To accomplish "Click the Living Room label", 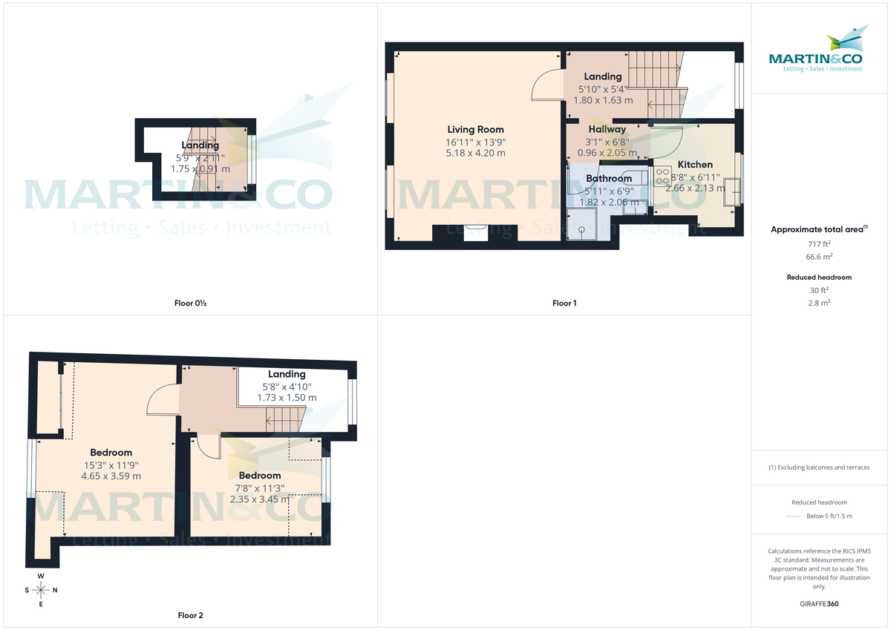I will [x=475, y=130].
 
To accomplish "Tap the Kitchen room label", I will [x=694, y=165].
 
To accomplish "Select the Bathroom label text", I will [x=609, y=178].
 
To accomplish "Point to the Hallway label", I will [x=607, y=129].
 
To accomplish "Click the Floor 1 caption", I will [x=564, y=303].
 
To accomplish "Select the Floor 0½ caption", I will [x=190, y=303].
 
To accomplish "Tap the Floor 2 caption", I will [x=190, y=615].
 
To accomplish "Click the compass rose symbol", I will [x=41, y=590].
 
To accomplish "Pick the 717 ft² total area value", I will [x=819, y=243].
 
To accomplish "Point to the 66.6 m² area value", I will [x=819, y=257].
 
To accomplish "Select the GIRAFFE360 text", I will [x=819, y=604].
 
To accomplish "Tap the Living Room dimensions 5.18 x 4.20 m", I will [x=475, y=153].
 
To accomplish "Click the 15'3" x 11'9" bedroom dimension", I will [x=111, y=465].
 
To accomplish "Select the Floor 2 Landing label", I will [x=287, y=375].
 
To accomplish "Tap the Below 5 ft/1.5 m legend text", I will [x=829, y=516].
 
